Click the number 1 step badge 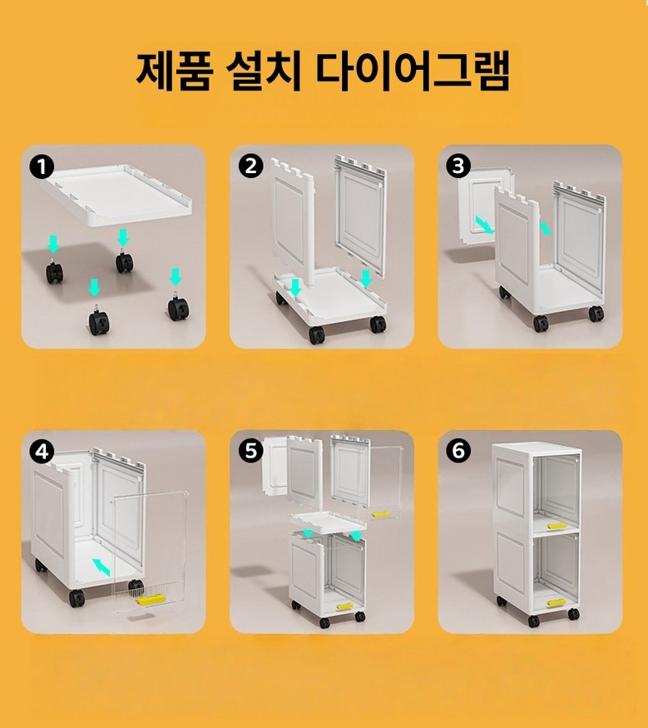pos(42,166)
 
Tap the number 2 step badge pos(250,166)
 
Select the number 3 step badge pos(458,166)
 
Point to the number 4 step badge pos(42,451)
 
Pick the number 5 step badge pos(250,451)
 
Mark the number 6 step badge pos(458,451)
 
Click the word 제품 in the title pos(175,71)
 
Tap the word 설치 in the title pos(265,71)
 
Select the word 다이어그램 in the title pos(413,71)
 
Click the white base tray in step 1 pos(117,194)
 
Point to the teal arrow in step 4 pos(101,567)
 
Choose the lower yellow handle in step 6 pos(556,603)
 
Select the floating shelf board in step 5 pos(329,523)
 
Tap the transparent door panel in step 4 pos(150,552)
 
